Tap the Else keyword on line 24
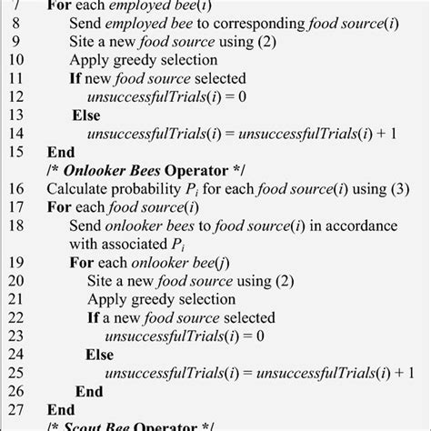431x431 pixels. tap(100, 354)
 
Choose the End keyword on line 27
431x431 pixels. tap(59, 409)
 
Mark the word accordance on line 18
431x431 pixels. tap(364, 225)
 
